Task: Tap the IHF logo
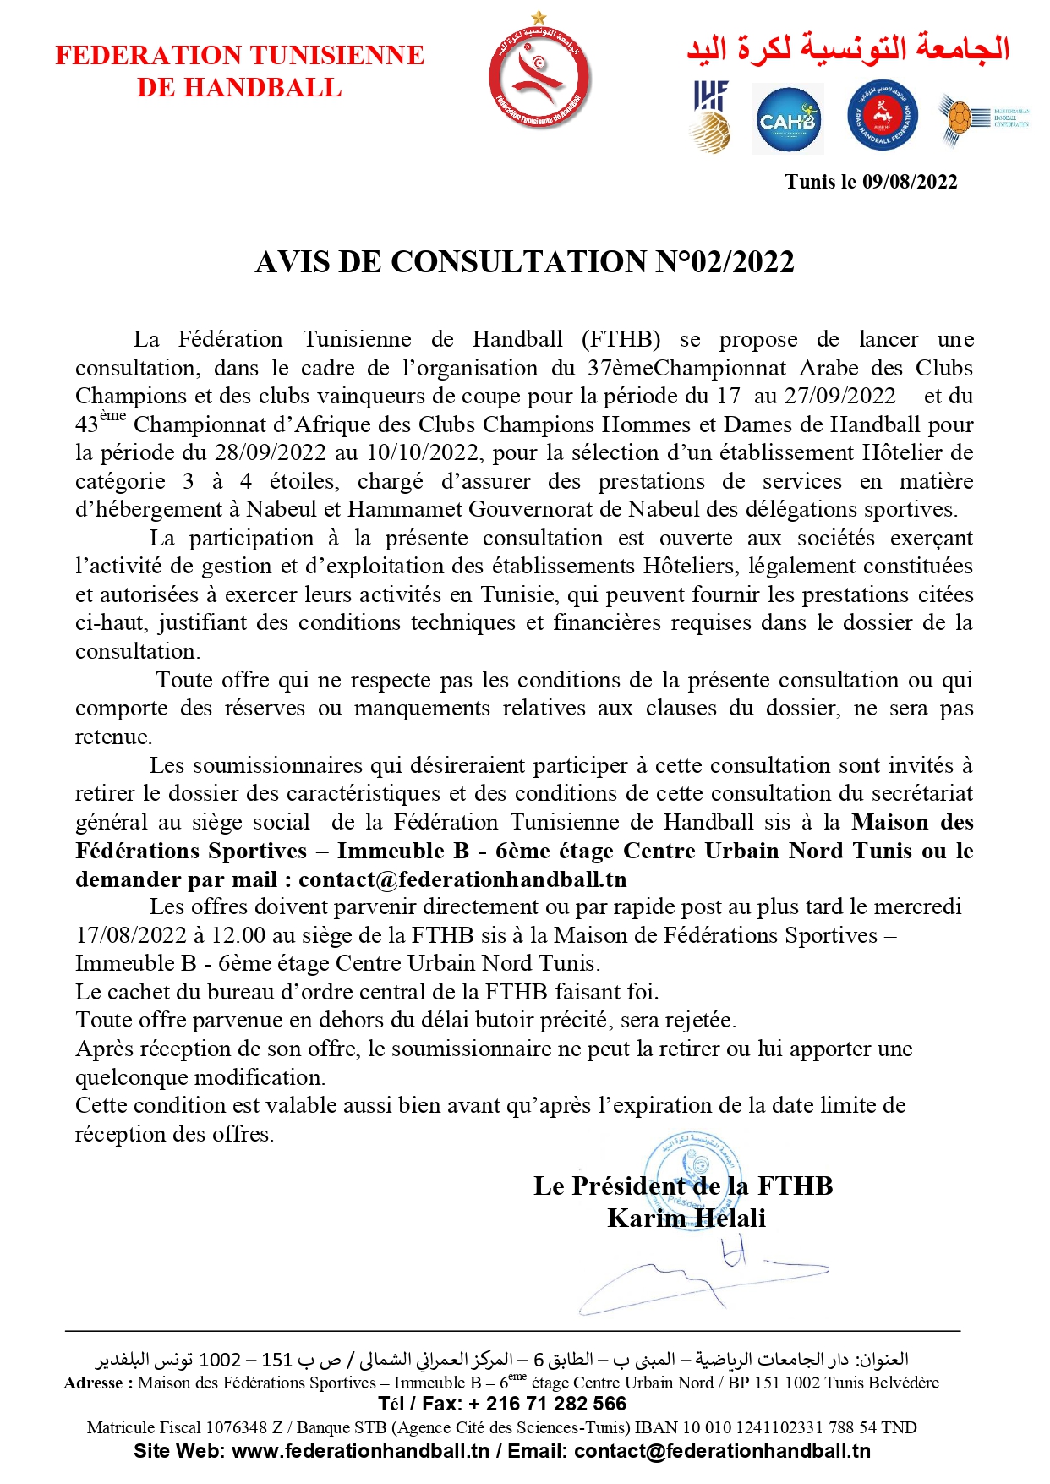711,117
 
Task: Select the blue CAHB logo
788,120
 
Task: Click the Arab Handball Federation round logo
883,117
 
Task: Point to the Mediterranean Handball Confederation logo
983,118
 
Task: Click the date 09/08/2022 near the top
910,182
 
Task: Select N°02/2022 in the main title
725,262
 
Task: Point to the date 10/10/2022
425,453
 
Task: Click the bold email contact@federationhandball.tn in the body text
463,879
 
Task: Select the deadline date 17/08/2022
131,935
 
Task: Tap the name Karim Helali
686,1218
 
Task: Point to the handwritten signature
702,1273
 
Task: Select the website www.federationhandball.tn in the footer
360,1451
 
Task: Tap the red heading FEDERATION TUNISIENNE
240,56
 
